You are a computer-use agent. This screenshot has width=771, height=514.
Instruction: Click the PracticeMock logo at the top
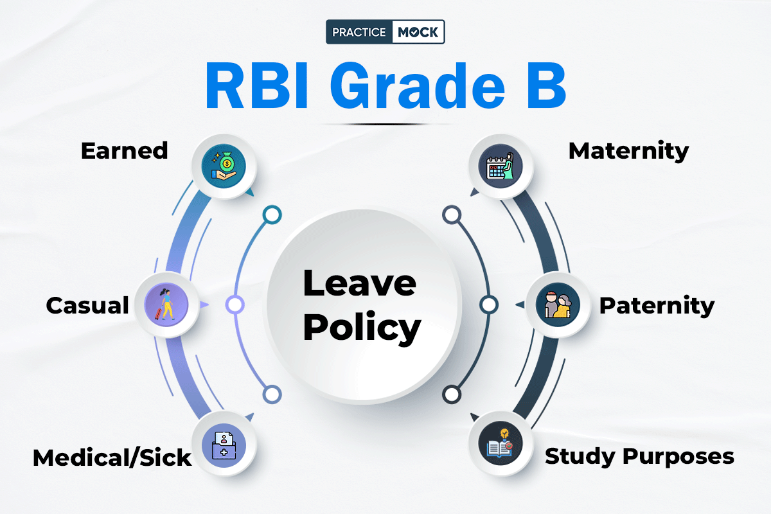385,31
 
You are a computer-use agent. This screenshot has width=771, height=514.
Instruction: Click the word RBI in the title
256,85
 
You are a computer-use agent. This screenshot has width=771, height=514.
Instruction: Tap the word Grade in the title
418,85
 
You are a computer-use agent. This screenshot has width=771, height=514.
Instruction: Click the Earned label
124,151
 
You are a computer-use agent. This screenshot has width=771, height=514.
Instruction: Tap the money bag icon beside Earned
224,166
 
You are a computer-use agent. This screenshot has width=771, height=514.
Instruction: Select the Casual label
87,305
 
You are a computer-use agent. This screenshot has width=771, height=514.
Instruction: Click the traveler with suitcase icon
166,305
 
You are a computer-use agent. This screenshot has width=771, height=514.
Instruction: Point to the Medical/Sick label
112,458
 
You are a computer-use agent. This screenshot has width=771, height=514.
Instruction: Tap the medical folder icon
224,445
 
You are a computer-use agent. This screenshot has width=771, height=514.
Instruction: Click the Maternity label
628,151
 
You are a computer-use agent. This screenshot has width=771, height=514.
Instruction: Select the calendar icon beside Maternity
501,166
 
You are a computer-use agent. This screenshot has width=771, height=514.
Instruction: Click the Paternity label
657,306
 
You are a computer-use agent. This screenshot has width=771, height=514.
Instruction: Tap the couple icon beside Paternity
558,305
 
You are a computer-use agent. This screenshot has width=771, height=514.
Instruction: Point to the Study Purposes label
639,457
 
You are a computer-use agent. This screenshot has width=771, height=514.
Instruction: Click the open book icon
501,443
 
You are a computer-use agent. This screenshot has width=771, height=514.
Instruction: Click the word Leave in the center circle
360,283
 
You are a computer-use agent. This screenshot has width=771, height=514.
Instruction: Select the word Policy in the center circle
362,328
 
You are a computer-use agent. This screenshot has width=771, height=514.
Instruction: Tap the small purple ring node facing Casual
235,305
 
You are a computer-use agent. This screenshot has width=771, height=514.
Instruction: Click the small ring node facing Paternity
489,305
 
